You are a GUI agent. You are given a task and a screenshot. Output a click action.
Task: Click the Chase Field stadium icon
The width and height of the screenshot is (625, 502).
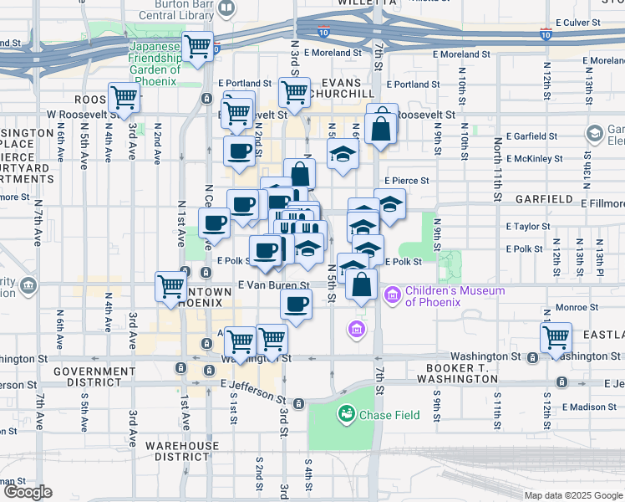tap(346, 413)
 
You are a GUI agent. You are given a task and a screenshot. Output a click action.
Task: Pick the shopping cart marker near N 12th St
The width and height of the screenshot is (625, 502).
tap(556, 338)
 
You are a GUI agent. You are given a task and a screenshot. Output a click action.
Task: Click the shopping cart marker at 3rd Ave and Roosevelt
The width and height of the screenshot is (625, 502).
tap(124, 98)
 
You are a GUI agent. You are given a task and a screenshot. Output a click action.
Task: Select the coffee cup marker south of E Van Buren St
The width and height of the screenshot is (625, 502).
tap(296, 304)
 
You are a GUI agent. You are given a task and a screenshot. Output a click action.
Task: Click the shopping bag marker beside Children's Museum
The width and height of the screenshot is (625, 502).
tap(361, 284)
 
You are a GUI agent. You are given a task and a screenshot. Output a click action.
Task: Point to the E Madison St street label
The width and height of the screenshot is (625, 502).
tap(589, 407)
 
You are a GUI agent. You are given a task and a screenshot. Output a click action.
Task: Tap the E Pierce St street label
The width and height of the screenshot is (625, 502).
tap(407, 180)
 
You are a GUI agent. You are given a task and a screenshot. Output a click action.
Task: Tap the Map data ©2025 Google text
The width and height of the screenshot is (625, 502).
tap(573, 495)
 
